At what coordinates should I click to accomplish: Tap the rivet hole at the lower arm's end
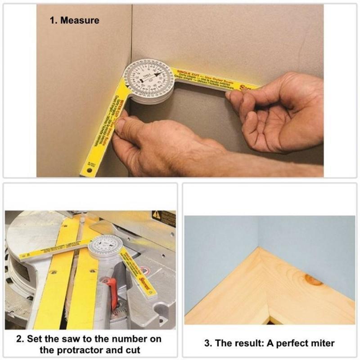[x=90, y=171]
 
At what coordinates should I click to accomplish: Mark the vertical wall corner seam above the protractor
[x=132, y=31]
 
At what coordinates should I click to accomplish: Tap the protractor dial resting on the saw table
[x=105, y=247]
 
